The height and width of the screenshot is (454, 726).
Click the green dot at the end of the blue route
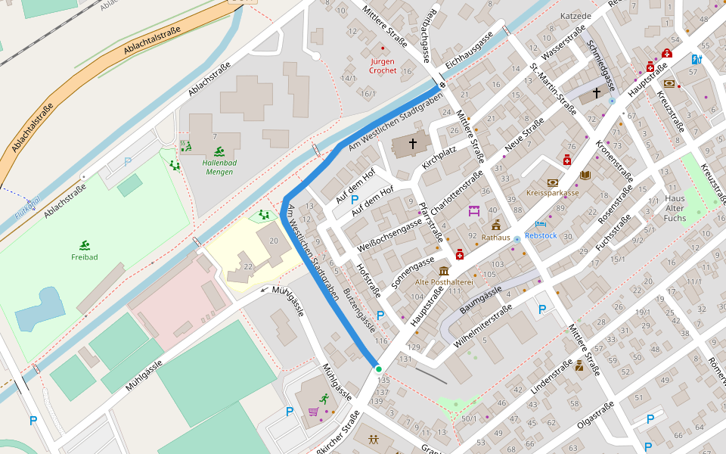(x=378, y=368)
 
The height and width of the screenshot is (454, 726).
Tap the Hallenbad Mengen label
(x=219, y=167)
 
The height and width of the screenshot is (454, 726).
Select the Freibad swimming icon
(x=84, y=245)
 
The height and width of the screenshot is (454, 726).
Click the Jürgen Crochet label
(x=383, y=66)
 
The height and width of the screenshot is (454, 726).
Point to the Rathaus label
(x=496, y=238)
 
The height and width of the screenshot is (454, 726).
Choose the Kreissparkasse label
(x=552, y=193)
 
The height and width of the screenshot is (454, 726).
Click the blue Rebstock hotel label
(x=541, y=235)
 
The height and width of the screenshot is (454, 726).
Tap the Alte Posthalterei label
(x=444, y=282)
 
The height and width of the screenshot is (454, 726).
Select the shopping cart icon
(x=313, y=412)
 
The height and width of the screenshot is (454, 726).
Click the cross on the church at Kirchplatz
(x=413, y=142)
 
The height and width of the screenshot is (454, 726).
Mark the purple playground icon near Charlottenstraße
(x=475, y=210)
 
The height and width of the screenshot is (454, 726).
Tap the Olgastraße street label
(x=596, y=417)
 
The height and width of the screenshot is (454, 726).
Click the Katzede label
(x=576, y=16)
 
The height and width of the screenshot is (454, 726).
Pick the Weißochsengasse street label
(x=389, y=234)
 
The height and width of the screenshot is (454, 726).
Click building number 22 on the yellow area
(x=248, y=266)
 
